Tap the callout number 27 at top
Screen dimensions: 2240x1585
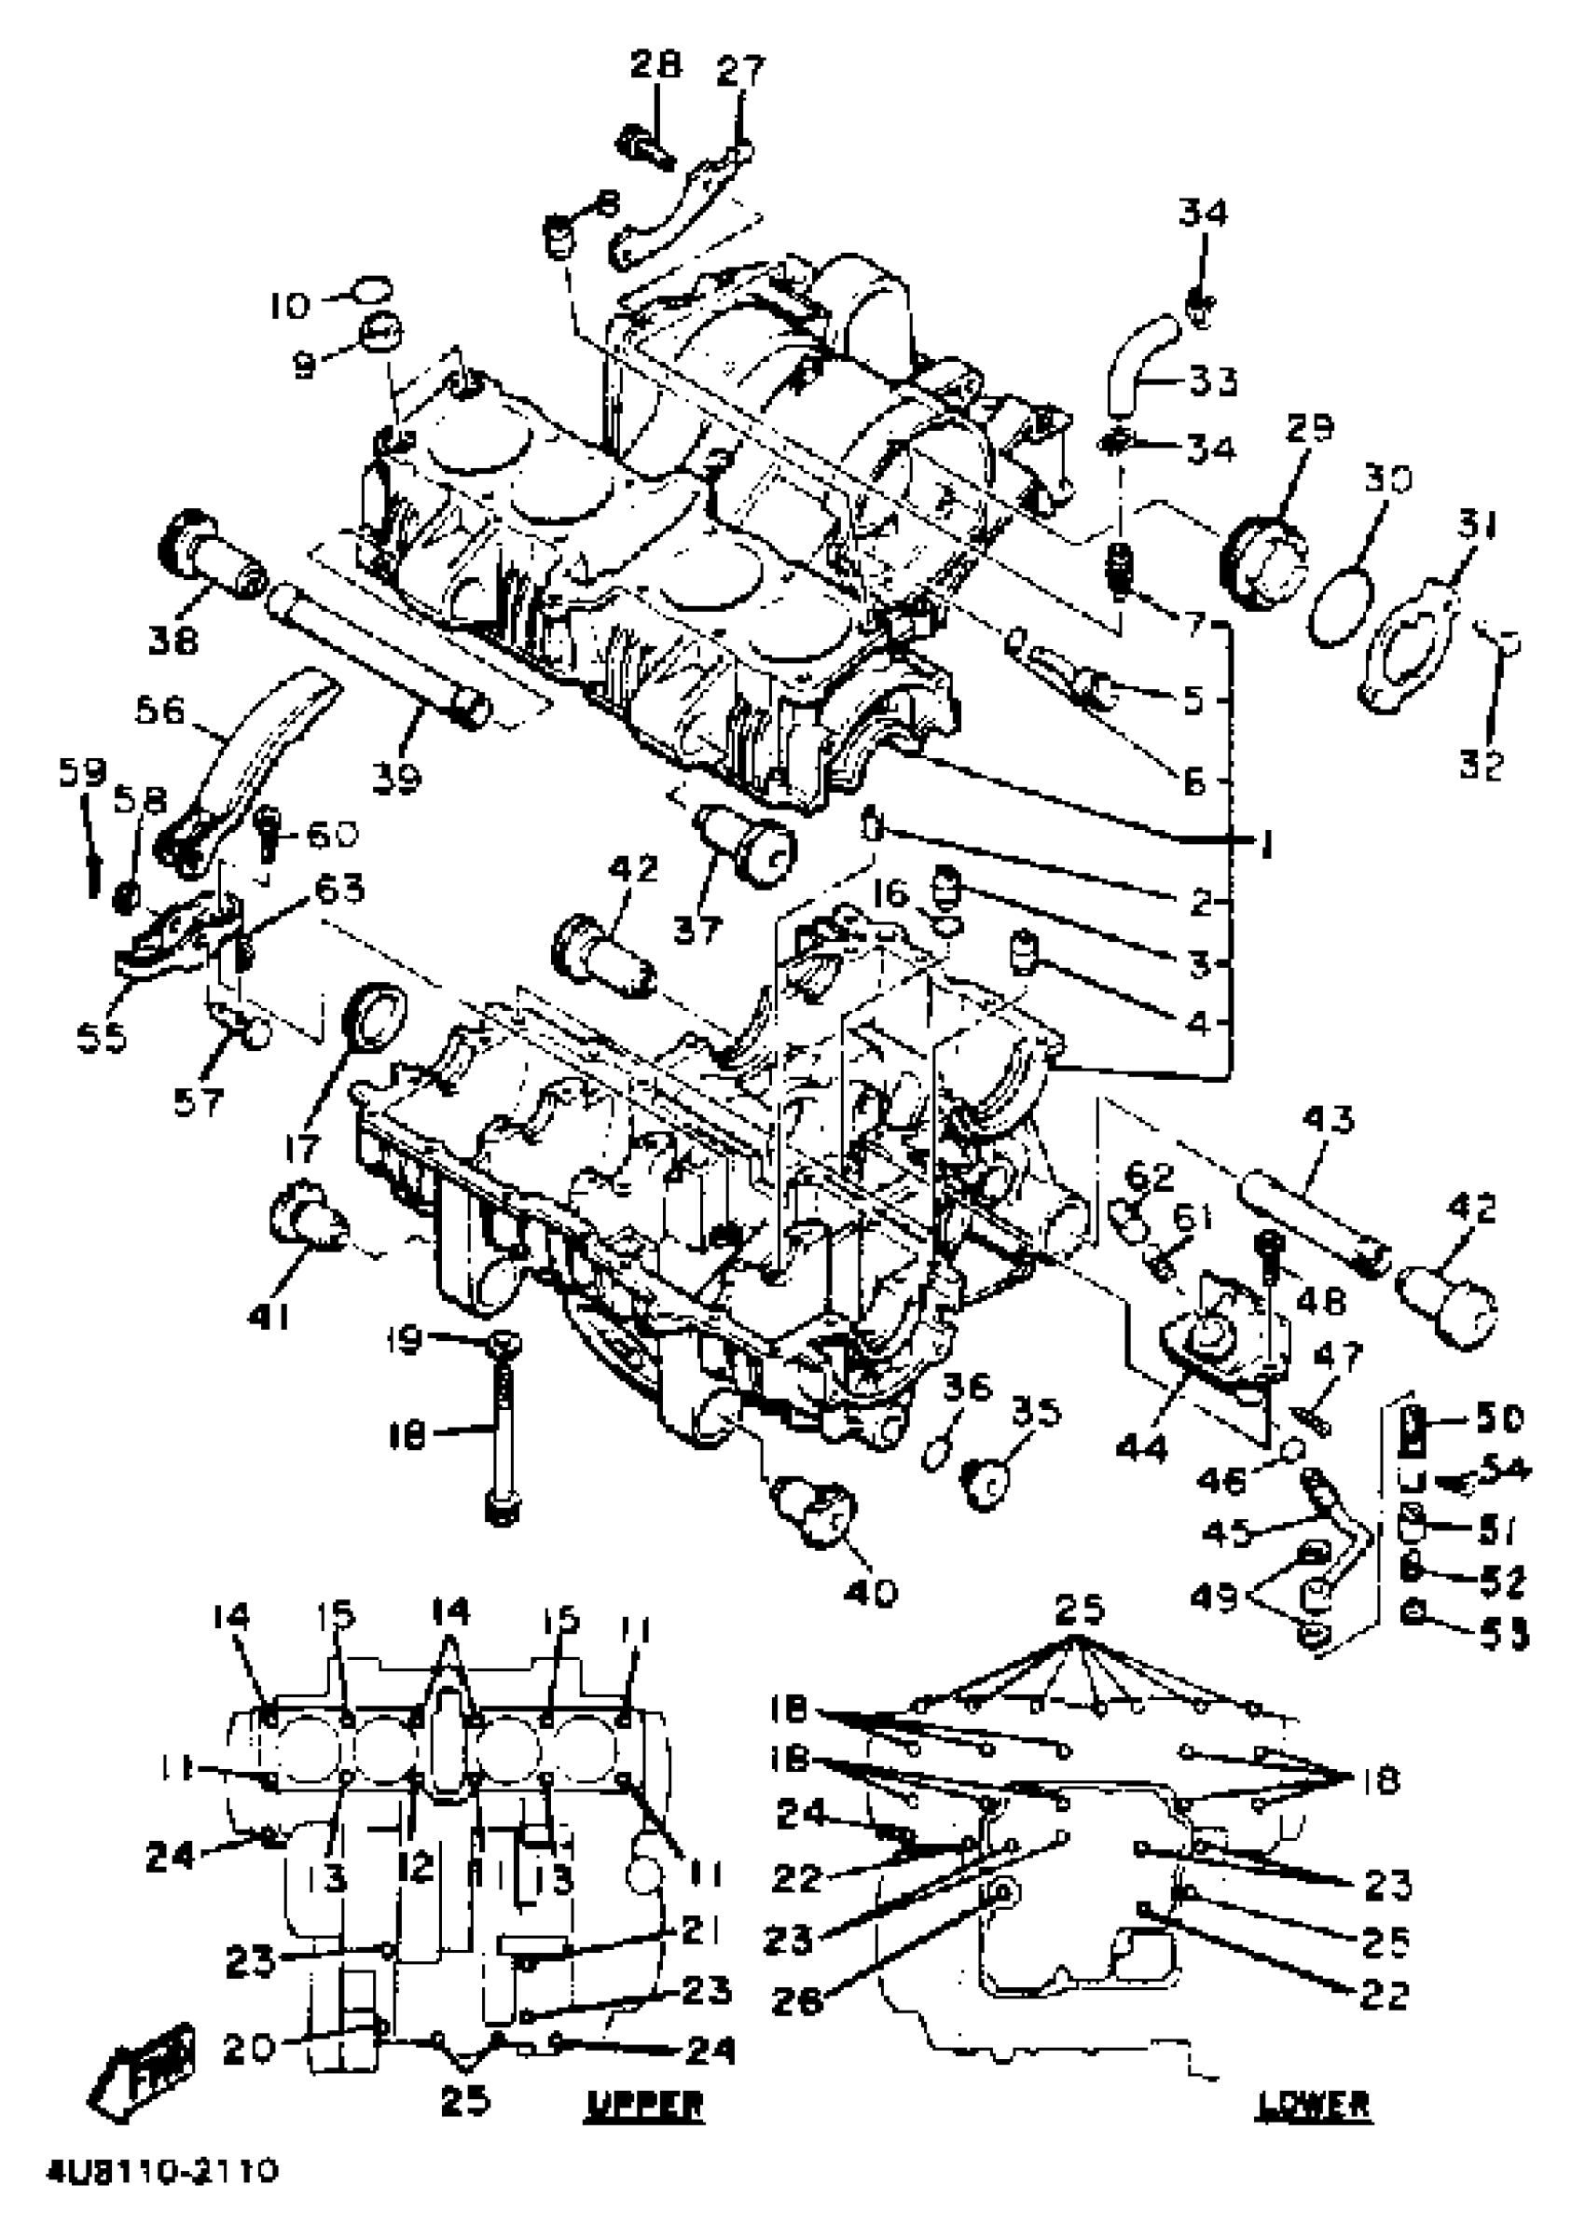(741, 71)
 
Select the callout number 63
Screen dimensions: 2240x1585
(338, 888)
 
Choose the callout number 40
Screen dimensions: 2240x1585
(872, 1593)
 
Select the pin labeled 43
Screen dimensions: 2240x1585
(1312, 1220)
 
